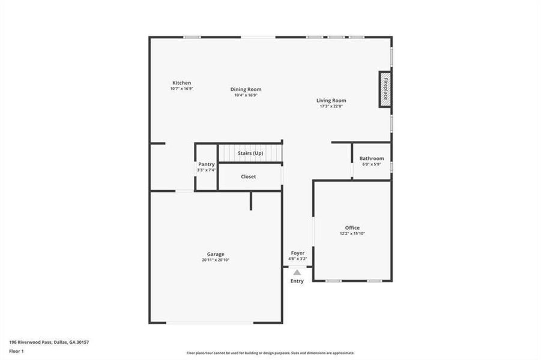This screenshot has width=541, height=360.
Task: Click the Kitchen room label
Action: (181, 83)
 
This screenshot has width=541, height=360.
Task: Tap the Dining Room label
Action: (246, 89)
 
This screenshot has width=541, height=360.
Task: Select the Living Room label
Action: (331, 101)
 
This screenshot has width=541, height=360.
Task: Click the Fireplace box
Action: (385, 89)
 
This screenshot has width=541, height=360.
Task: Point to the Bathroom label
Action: (372, 159)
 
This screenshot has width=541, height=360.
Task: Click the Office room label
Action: (352, 227)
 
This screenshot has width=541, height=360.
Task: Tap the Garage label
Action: (216, 254)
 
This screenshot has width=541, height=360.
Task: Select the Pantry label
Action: (206, 164)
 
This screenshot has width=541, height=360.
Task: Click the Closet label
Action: (249, 177)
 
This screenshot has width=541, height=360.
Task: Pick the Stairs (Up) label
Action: (250, 154)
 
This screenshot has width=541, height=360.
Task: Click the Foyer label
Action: (298, 253)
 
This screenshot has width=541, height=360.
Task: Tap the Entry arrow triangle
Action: (297, 273)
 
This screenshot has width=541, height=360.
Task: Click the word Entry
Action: (297, 281)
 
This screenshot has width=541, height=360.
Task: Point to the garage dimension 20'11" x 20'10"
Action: (216, 260)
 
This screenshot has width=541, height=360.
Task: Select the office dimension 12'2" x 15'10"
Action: (352, 233)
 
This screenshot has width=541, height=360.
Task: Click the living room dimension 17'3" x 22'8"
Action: (331, 106)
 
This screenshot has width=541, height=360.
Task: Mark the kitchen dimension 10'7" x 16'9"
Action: (181, 88)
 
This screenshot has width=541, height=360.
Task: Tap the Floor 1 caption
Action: (16, 351)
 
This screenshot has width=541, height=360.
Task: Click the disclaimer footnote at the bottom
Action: (270, 353)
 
